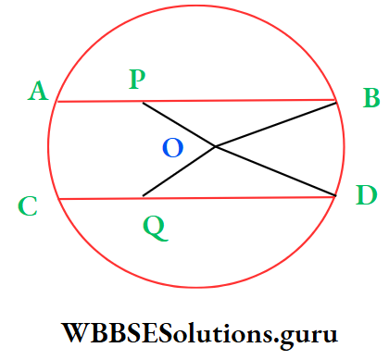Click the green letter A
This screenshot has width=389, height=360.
38,91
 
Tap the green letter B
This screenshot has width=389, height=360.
370,96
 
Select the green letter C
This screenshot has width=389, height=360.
28,206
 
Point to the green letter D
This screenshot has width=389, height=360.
367,196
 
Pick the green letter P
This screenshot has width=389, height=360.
137,81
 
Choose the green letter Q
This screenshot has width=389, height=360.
156,227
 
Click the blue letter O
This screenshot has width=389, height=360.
172,148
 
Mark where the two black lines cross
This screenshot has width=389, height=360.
216,146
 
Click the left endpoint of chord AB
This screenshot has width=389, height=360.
57,102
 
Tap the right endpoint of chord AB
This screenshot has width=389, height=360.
336,100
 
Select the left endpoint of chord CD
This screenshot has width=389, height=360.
58,199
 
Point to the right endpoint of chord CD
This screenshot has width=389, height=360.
335,196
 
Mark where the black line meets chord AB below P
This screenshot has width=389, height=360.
143,102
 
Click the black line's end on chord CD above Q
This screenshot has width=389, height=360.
143,196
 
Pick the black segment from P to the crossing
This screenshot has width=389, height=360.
179,124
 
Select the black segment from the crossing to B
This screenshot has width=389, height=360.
276,124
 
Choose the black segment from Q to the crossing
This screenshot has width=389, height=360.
179,171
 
